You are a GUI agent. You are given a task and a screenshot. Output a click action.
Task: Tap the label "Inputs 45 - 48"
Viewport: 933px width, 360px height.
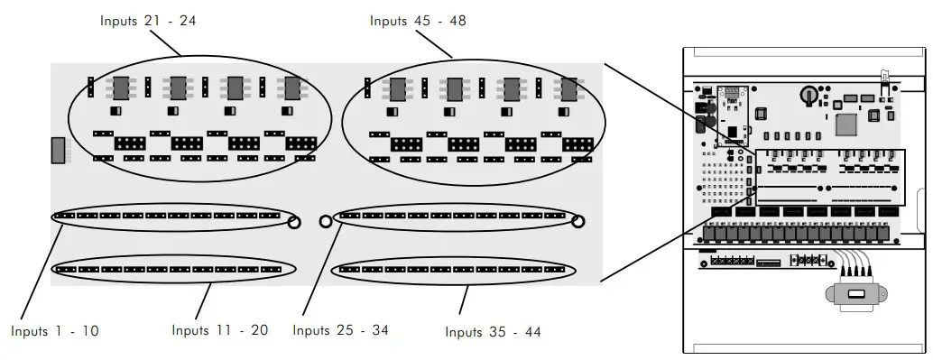(x=418, y=21)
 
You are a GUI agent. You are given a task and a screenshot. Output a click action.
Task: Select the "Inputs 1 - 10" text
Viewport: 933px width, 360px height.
(x=55, y=331)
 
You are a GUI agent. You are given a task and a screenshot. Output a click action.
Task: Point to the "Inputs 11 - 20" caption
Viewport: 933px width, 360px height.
(x=220, y=330)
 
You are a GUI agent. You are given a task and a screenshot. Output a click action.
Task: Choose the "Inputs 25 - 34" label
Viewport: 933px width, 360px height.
(x=340, y=330)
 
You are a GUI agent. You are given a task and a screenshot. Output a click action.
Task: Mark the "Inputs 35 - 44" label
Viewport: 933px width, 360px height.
(x=494, y=333)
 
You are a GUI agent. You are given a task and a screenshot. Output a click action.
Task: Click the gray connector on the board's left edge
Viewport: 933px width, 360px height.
(x=58, y=151)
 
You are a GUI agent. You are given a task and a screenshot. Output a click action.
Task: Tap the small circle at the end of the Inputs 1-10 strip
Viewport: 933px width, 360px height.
(x=294, y=220)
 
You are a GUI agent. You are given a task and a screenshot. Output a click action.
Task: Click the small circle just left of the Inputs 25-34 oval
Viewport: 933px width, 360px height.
(x=325, y=219)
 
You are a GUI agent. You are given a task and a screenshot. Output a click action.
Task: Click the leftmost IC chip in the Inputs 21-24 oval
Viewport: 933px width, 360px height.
(x=120, y=89)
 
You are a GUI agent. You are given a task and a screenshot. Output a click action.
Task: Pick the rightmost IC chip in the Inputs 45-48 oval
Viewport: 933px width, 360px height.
(x=568, y=89)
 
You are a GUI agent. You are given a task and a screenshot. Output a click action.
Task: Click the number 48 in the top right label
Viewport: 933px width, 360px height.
(x=457, y=21)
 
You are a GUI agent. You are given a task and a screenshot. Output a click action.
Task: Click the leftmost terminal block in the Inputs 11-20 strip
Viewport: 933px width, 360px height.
(x=64, y=269)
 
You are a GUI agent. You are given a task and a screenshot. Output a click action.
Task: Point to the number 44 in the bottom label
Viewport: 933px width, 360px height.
(x=531, y=333)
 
